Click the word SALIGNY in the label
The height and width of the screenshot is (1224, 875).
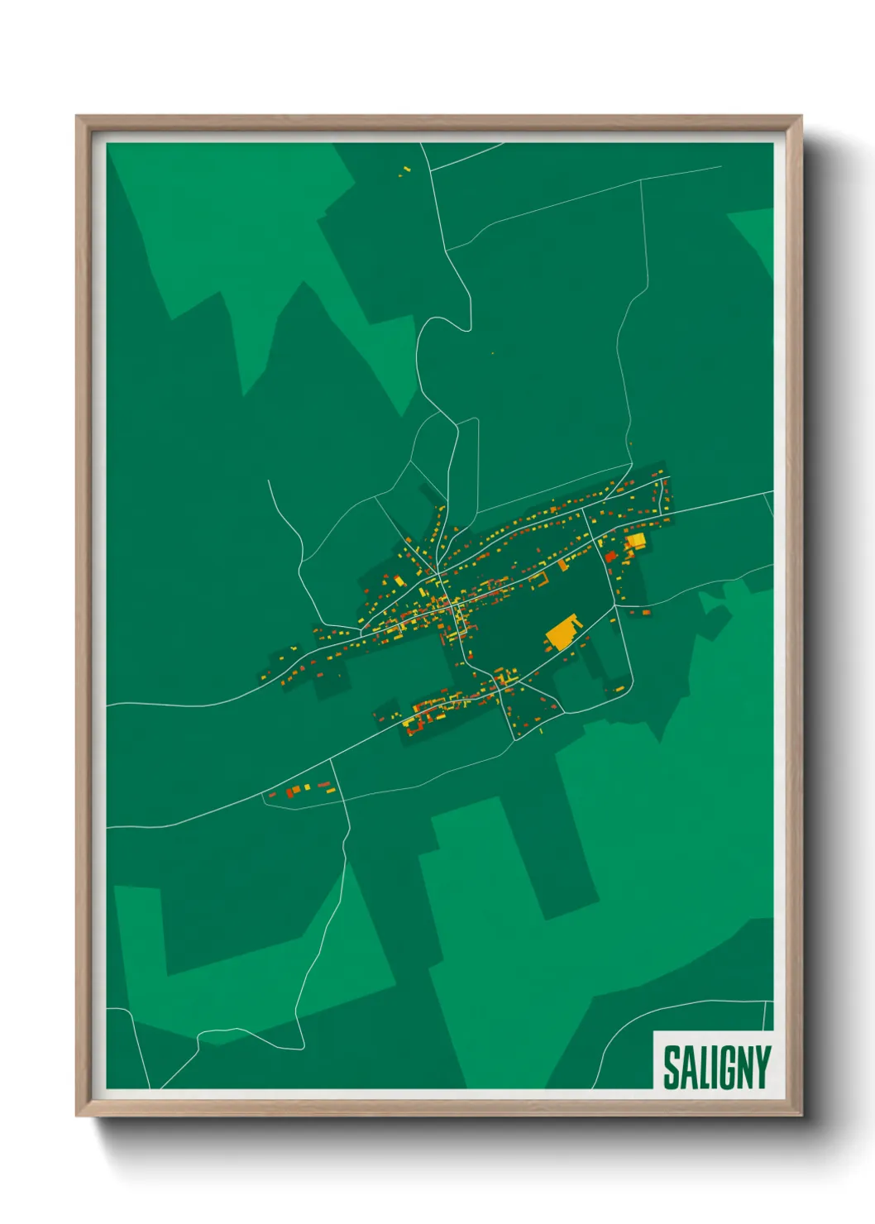pyautogui.click(x=716, y=1067)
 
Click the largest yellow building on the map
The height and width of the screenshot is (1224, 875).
pyautogui.click(x=562, y=632)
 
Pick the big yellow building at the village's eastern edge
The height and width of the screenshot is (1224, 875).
pyautogui.click(x=635, y=542)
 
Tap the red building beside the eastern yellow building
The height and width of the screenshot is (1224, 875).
pyautogui.click(x=611, y=557)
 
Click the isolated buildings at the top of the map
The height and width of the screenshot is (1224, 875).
pyautogui.click(x=404, y=170)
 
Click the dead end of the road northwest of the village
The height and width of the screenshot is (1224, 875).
pyautogui.click(x=269, y=481)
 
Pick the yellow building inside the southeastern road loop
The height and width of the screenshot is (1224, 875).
pyautogui.click(x=617, y=688)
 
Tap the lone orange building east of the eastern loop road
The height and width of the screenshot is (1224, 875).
pyautogui.click(x=646, y=612)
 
